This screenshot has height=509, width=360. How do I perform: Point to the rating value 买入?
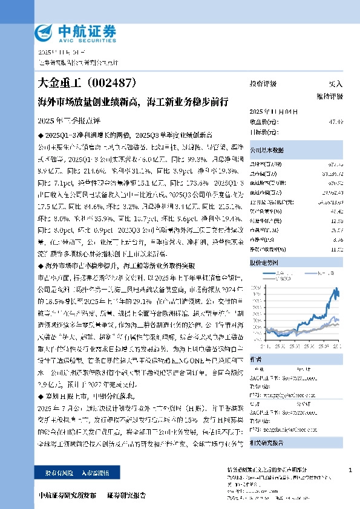(x=335, y=85)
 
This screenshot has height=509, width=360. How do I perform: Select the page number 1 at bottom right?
(x=351, y=470)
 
